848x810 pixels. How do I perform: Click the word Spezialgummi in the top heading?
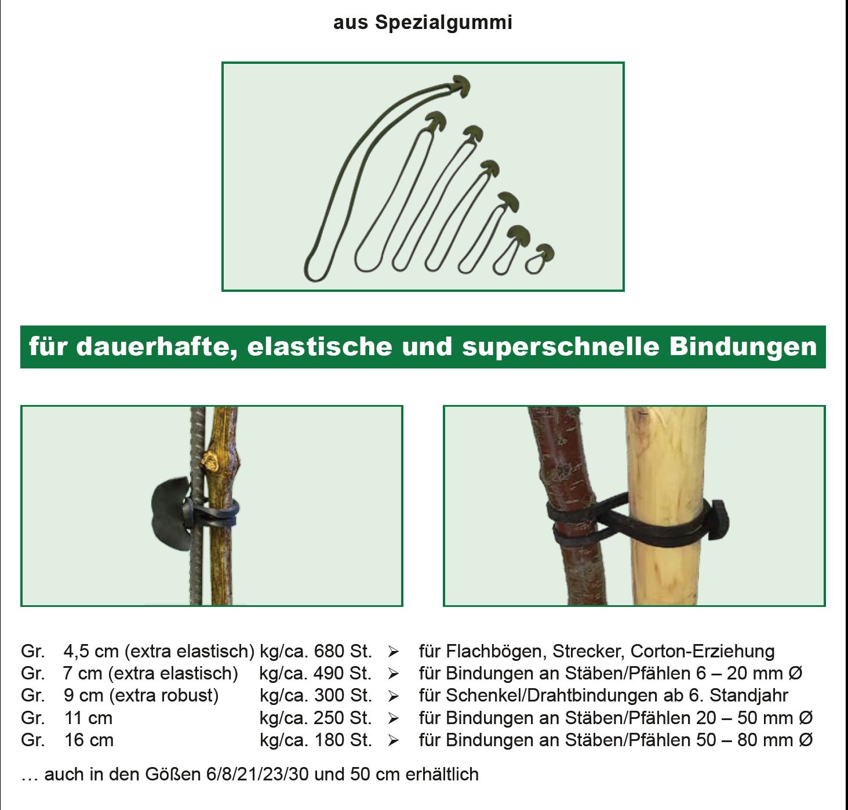[443, 23]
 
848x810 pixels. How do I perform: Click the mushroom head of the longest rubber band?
[461, 85]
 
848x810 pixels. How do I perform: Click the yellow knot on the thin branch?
[211, 461]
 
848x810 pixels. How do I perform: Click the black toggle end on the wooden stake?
[719, 520]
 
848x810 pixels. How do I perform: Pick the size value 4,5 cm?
[91, 652]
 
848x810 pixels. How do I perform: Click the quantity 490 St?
[343, 674]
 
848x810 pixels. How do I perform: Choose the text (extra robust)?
[164, 696]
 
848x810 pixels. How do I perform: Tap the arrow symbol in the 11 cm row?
[393, 718]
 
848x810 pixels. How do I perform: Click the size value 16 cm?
[89, 740]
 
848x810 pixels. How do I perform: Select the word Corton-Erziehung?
[703, 652]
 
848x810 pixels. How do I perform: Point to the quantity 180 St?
[343, 740]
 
